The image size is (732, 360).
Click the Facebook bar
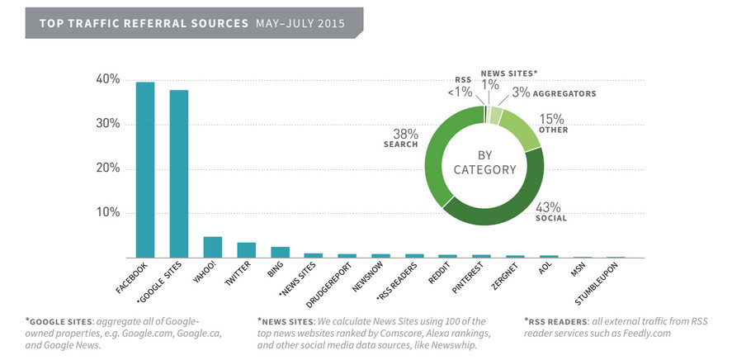pos(144,170)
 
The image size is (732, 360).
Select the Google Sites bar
pos(179,173)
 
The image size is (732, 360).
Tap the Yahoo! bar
pos(212,248)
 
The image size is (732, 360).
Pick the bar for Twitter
pos(247,250)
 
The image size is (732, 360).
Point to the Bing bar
pos(280,252)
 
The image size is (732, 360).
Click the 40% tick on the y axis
pos(108,80)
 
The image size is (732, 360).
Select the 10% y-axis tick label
pos(108,213)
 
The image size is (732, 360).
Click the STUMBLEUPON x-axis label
pos(597,284)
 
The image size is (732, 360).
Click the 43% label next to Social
pos(548,207)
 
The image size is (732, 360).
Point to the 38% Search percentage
pos(406,134)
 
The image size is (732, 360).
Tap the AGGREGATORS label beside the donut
pos(564,94)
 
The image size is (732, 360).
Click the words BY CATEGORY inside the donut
pos(484,163)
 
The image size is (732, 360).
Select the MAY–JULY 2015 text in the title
pos(300,23)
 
